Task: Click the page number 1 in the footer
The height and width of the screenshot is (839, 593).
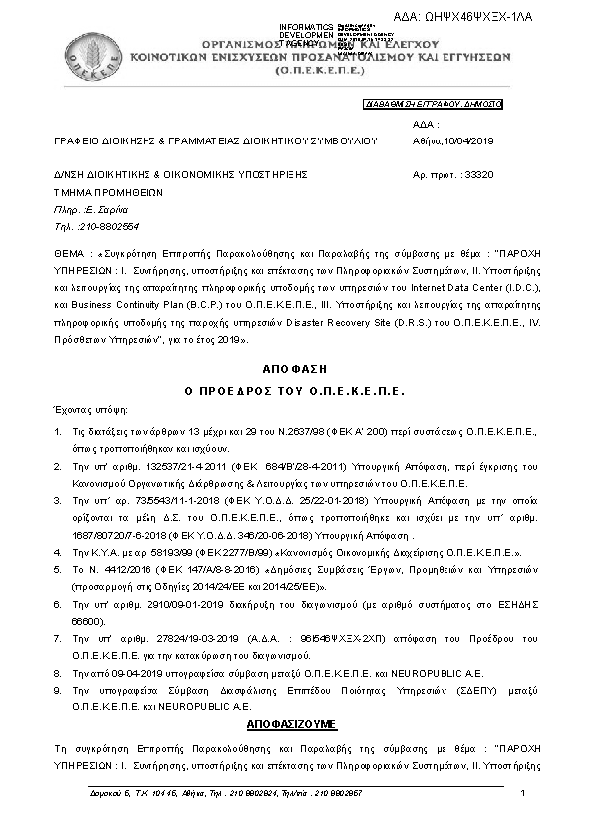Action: (x=523, y=793)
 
